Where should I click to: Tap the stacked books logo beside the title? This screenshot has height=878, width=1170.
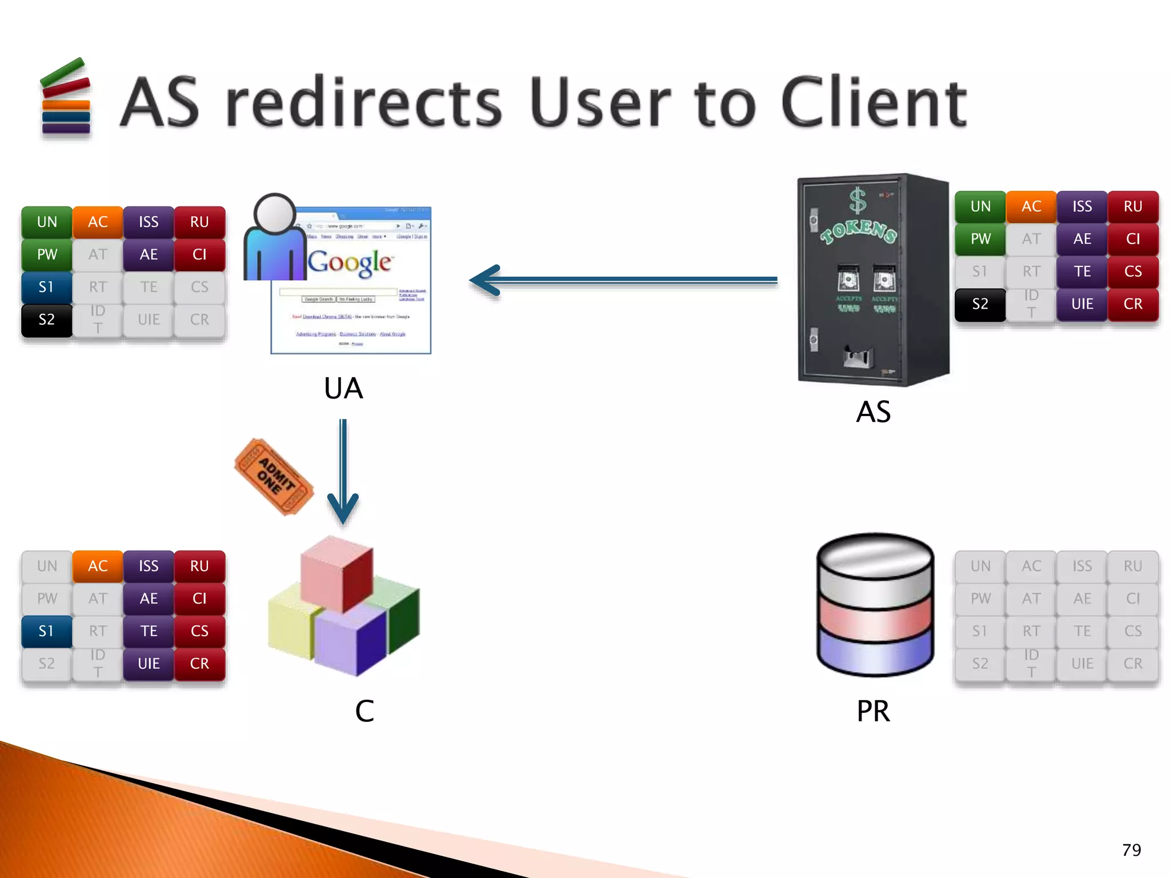click(x=66, y=98)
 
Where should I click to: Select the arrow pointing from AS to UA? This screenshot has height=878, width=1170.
click(x=623, y=280)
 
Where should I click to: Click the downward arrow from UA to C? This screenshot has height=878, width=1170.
click(x=343, y=472)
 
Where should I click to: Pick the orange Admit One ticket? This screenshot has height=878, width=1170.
click(x=274, y=476)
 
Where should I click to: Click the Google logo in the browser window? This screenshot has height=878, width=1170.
click(x=350, y=262)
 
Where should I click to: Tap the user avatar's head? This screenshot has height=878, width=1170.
click(x=275, y=213)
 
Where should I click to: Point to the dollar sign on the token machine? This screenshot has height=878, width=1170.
click(x=858, y=201)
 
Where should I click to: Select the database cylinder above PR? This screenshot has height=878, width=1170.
click(x=875, y=604)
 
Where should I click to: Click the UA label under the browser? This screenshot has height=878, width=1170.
click(x=343, y=389)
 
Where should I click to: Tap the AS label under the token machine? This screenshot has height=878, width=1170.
click(x=874, y=412)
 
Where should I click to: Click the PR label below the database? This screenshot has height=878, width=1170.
click(x=874, y=712)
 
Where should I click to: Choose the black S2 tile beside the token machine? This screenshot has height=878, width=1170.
click(x=980, y=304)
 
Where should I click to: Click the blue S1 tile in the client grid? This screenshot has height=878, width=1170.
click(x=47, y=631)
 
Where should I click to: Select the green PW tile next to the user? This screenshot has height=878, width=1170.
click(x=47, y=254)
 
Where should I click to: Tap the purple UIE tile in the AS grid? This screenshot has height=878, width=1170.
click(x=1082, y=304)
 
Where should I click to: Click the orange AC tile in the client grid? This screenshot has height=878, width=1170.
click(x=98, y=566)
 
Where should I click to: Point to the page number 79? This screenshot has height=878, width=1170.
click(x=1131, y=850)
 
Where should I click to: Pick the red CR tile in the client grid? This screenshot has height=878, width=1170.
click(x=199, y=664)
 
